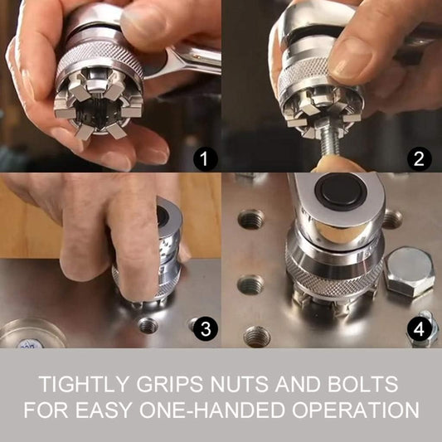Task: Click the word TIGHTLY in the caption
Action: (82, 385)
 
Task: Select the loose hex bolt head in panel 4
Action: (409, 271)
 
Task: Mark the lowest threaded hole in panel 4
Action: (256, 336)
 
